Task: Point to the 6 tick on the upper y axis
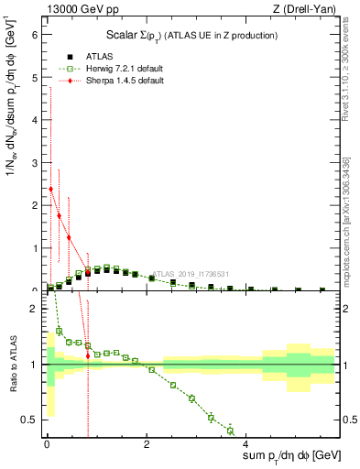tap(34, 36)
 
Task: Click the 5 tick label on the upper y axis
tap(34, 78)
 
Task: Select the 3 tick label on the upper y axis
tap(34, 163)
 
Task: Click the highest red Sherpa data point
tap(50, 190)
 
